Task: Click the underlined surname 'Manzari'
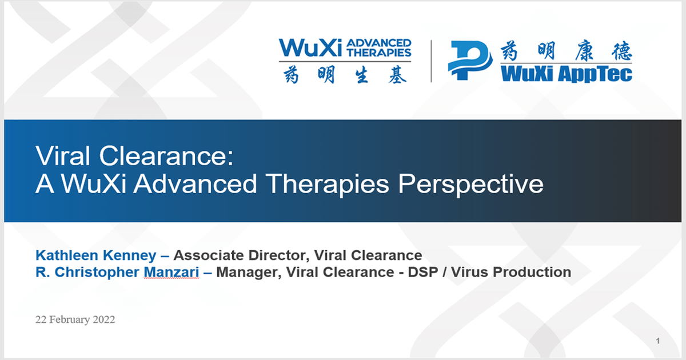click(x=171, y=273)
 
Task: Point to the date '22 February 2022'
click(x=75, y=319)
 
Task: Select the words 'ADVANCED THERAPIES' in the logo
click(x=378, y=47)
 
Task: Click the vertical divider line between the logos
click(x=430, y=61)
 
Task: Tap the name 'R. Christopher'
click(x=87, y=273)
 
